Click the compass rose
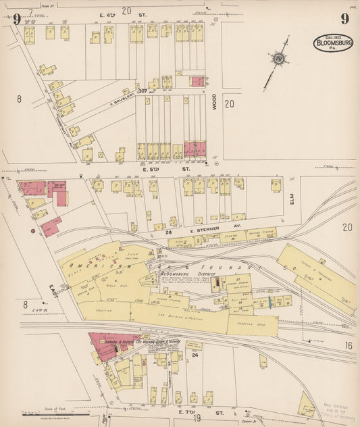coord(277,59)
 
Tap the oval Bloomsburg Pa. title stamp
coord(332,43)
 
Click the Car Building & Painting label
coord(180,316)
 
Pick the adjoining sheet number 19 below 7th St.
coord(197,418)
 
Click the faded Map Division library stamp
coord(333,408)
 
